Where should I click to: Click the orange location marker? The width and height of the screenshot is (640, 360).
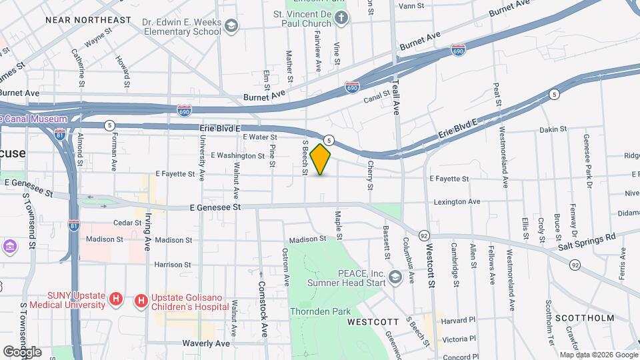321,159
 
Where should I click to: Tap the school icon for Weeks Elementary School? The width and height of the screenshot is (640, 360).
231,26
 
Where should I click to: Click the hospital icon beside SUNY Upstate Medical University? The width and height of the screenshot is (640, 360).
116,299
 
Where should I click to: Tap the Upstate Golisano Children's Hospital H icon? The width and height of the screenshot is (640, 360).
141,301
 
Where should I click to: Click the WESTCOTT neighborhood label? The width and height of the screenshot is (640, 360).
373,321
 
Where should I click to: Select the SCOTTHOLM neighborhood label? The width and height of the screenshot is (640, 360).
585,318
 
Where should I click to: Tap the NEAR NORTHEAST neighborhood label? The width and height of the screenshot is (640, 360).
88,20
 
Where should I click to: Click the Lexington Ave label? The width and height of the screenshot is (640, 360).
457,201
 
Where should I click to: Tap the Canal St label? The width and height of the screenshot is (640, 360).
375,100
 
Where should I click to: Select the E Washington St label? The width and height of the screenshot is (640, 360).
237,155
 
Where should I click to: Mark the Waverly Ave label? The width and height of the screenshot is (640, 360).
206,343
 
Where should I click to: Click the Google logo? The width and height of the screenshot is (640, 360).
22,352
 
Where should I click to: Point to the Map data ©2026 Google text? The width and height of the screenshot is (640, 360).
598,355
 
